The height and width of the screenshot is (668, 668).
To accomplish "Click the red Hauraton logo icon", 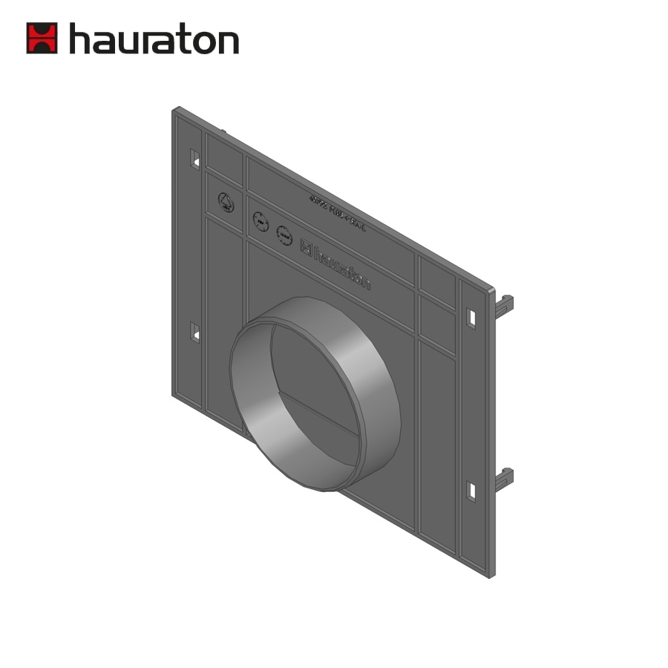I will (42, 38).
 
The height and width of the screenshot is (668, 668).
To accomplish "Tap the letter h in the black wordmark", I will (81, 38).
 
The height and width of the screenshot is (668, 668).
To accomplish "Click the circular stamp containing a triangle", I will (226, 202).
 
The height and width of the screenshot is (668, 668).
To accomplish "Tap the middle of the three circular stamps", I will (261, 221).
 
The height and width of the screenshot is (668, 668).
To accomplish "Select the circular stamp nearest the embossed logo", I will (284, 235).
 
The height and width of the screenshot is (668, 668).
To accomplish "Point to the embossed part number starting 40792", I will (337, 215).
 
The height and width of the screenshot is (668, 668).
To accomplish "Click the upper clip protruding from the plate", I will (505, 305).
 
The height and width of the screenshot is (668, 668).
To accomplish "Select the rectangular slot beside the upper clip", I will (471, 317).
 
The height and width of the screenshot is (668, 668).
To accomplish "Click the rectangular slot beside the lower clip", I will (471, 491).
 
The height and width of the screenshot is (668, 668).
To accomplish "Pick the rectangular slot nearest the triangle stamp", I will (195, 159).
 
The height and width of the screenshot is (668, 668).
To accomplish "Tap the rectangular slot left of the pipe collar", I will (195, 332).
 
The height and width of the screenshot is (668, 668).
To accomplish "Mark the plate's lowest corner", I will (490, 575).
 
